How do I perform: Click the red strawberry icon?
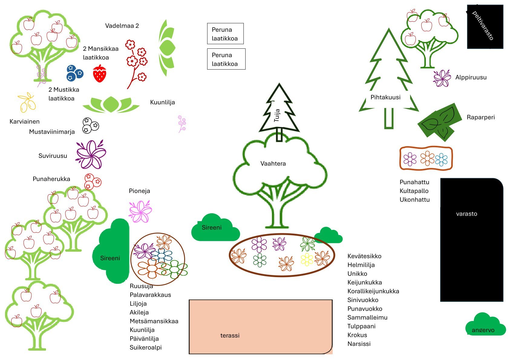(x=100, y=74)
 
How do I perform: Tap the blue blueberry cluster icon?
(x=74, y=73)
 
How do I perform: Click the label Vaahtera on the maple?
(x=273, y=164)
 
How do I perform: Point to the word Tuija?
(x=277, y=116)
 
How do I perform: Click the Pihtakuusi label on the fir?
(x=385, y=97)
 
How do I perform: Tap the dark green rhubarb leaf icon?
(x=440, y=123)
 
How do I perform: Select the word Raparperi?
(x=481, y=117)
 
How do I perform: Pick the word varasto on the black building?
(x=466, y=214)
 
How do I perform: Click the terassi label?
(x=230, y=335)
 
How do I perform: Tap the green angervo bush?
(x=485, y=325)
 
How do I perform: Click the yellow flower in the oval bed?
(x=307, y=260)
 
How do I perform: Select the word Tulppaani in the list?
(x=361, y=326)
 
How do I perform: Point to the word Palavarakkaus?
(x=150, y=295)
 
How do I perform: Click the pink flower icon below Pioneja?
(x=140, y=211)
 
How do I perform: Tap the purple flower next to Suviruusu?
(x=90, y=154)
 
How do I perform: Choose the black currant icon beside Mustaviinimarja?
(x=90, y=125)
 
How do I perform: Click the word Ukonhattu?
(x=414, y=200)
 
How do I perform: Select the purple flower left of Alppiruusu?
(x=442, y=78)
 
